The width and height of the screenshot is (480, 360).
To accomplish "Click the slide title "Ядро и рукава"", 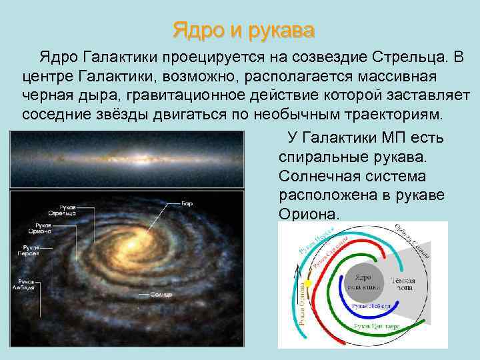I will click(243, 30).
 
